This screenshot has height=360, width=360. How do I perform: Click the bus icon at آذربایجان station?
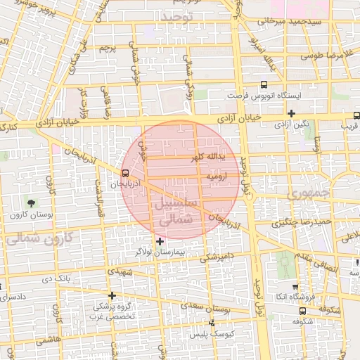(x=125, y=172)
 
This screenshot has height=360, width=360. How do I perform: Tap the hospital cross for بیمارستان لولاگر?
(x=160, y=241)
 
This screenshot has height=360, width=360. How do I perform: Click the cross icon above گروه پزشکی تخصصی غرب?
(x=112, y=295)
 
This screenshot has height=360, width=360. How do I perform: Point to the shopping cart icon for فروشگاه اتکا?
(x=295, y=287)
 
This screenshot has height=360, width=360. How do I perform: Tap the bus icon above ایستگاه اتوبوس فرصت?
(x=264, y=83)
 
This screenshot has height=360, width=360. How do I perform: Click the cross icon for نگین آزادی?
(x=291, y=113)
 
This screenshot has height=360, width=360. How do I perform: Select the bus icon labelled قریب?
(x=356, y=115)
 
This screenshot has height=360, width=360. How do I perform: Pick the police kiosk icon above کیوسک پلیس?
(x=212, y=323)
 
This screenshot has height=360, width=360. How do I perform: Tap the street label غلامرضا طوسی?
(x=330, y=54)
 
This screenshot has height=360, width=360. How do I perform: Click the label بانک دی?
(x=58, y=278)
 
